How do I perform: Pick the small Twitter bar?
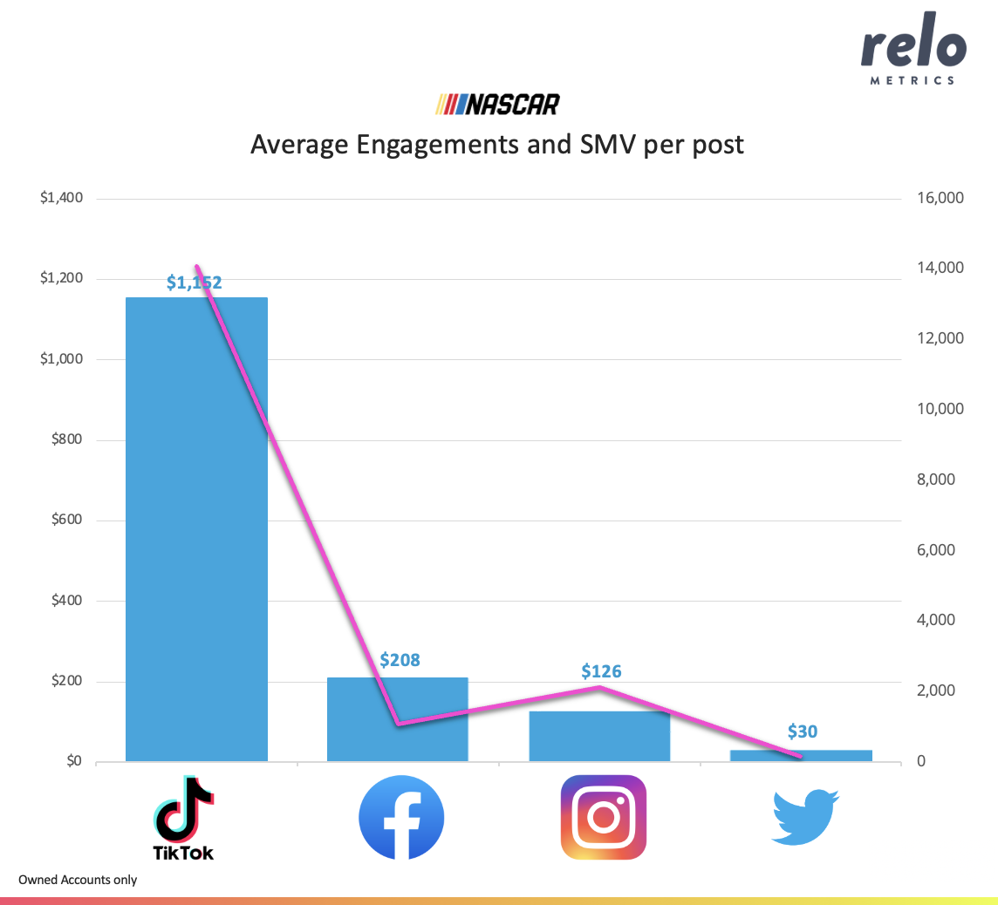tap(801, 756)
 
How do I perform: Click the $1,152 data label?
tap(194, 282)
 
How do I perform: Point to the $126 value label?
tap(601, 671)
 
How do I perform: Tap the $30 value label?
tap(802, 731)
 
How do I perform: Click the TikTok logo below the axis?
tap(183, 818)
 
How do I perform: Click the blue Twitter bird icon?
tap(804, 817)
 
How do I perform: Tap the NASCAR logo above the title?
tap(498, 105)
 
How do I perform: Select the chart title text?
tap(497, 144)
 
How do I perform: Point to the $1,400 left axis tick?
tap(61, 198)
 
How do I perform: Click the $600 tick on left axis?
tap(65, 521)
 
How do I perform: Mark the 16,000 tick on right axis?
tap(939, 198)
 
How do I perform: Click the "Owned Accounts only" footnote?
tap(78, 880)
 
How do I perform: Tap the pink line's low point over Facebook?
tap(398, 723)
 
